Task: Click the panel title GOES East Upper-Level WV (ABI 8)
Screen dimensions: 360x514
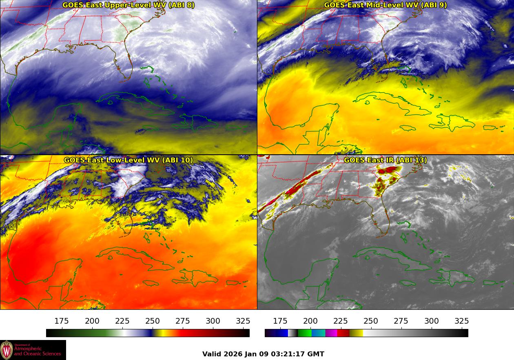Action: coord(128,5)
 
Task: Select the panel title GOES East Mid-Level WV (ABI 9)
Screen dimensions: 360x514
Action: coord(385,5)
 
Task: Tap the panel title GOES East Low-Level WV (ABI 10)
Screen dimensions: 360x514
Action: coord(128,160)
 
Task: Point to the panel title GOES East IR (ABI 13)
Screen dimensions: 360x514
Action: coord(385,160)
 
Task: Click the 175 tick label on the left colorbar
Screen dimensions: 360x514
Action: coord(62,321)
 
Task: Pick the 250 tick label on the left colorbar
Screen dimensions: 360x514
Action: coord(153,321)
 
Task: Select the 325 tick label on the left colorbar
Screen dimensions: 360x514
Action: coord(243,321)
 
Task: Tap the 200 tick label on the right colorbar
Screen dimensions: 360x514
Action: coord(310,321)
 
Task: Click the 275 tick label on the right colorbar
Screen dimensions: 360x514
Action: coord(401,321)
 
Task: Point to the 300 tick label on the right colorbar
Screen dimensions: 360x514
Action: coord(432,321)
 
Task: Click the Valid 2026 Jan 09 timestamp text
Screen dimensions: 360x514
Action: coord(263,354)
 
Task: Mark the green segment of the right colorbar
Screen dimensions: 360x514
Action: coord(304,333)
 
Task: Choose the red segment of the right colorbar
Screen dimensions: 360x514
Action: coord(343,333)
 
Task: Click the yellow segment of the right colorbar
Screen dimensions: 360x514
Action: coord(356,333)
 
